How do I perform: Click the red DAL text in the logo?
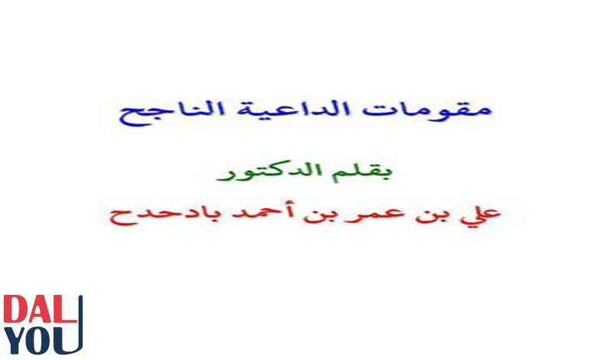click(x=41, y=309)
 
